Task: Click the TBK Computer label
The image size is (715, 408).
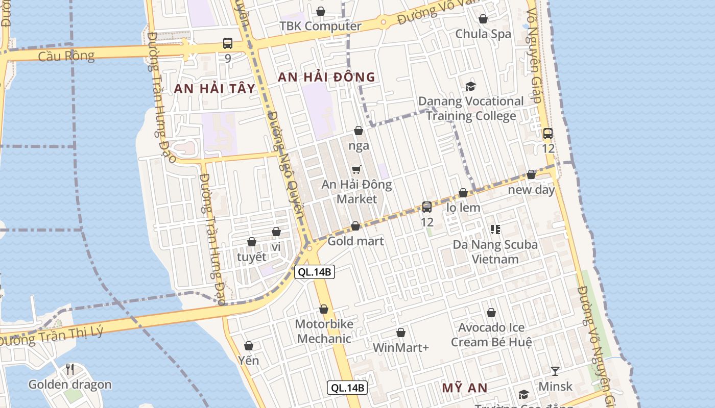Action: [320, 26]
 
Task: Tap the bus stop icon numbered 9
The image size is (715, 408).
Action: [228, 43]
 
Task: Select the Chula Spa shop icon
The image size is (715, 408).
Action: [483, 19]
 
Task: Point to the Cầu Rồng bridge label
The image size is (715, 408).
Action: [66, 56]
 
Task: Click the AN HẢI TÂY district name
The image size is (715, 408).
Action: [214, 88]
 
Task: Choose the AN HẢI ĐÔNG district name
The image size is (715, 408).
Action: [326, 77]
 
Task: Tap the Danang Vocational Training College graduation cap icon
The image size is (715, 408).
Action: [470, 86]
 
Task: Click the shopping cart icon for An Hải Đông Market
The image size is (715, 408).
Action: [356, 169]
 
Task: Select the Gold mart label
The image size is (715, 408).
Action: [355, 241]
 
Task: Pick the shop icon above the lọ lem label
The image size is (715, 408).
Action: [463, 193]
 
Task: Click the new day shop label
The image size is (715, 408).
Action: [531, 190]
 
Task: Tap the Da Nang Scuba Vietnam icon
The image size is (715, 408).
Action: [495, 229]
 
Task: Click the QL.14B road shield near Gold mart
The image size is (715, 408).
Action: [315, 272]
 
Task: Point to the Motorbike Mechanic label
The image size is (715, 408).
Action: [324, 331]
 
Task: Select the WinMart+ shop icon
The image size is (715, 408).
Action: [401, 333]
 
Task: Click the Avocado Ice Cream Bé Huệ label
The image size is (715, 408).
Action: [491, 335]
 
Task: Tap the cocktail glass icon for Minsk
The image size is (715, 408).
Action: [555, 371]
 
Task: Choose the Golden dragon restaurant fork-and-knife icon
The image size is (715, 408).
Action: [70, 369]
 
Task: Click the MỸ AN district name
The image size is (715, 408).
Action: [464, 388]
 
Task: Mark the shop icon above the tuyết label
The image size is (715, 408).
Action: [252, 242]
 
